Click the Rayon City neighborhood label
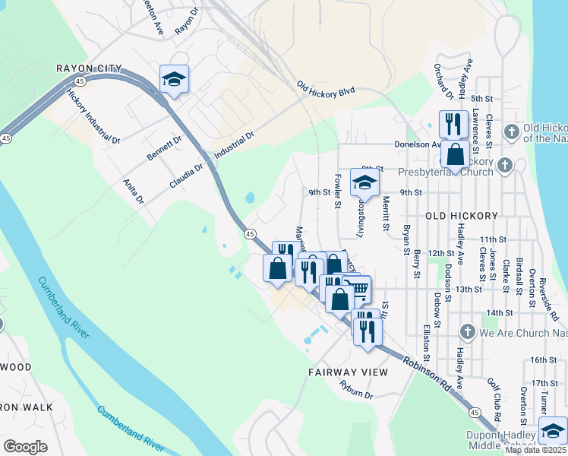pyautogui.click(x=90, y=68)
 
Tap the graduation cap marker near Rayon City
pyautogui.click(x=174, y=80)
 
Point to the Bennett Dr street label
pyautogui.click(x=165, y=147)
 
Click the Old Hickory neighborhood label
pyautogui.click(x=461, y=216)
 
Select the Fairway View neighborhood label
pyautogui.click(x=348, y=372)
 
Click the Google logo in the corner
pyautogui.click(x=25, y=446)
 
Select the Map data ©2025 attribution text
pyautogui.click(x=536, y=450)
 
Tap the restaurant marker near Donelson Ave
pyautogui.click(x=453, y=123)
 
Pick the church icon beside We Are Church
pyautogui.click(x=468, y=331)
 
